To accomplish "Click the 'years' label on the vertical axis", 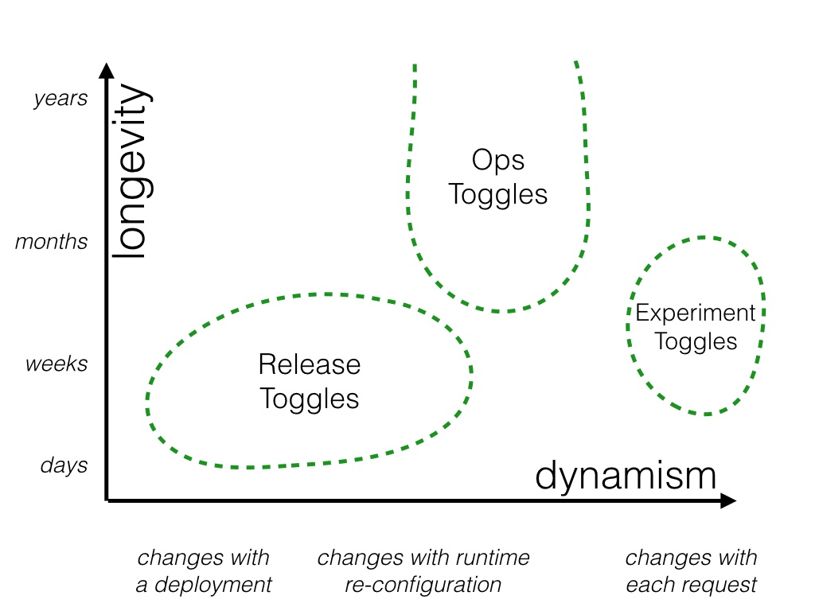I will click(x=60, y=99).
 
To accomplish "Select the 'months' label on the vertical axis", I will click(x=52, y=242).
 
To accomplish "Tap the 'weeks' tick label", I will click(x=57, y=364).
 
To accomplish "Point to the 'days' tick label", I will click(x=64, y=465).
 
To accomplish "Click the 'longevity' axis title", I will click(x=130, y=171).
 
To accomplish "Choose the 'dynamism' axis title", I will click(x=626, y=476).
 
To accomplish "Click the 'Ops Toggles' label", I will click(x=498, y=177).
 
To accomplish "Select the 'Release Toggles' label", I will click(x=310, y=381).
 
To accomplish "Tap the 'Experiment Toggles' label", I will click(x=696, y=327).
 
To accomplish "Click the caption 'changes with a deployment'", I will click(x=204, y=571).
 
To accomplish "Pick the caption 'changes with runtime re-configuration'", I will click(x=423, y=571).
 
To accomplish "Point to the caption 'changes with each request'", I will click(x=691, y=571).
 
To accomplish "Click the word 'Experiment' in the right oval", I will click(x=696, y=313).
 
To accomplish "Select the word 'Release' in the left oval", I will click(x=310, y=365).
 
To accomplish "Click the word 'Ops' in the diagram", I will click(x=498, y=161).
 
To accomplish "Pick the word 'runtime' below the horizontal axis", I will click(x=491, y=558).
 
